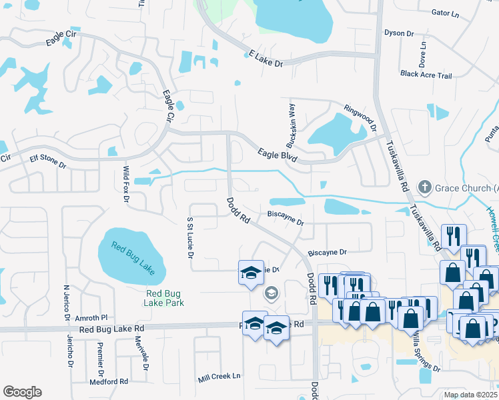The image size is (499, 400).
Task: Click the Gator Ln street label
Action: (446, 13)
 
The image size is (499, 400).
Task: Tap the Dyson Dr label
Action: (399, 33)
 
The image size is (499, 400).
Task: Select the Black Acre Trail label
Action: (426, 75)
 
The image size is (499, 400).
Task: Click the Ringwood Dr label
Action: (360, 116)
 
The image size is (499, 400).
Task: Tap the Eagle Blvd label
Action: (277, 155)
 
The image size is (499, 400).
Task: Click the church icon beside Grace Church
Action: (423, 188)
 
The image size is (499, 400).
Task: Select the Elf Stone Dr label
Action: (48, 163)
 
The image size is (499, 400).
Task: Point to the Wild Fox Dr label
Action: (125, 184)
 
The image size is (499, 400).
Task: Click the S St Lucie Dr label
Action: (190, 237)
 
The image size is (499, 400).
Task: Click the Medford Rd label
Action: (108, 382)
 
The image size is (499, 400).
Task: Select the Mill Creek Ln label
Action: (219, 377)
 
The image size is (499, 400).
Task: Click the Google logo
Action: (22, 392)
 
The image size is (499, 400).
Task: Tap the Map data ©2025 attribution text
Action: (470, 395)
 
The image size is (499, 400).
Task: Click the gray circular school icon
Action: (272, 293)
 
